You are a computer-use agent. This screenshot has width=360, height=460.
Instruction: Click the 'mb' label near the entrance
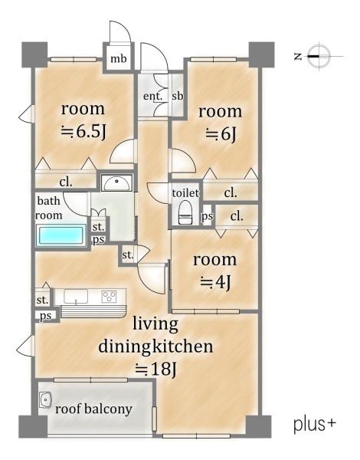[x=118, y=59]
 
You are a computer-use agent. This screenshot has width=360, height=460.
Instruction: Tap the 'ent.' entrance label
[x=152, y=96]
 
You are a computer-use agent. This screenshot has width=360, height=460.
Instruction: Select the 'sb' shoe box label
[x=178, y=96]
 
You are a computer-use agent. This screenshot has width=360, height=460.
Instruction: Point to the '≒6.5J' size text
[x=83, y=132]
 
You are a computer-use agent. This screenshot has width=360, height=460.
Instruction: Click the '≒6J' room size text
[x=221, y=134]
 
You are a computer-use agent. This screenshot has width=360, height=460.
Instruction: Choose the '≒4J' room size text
[x=216, y=282]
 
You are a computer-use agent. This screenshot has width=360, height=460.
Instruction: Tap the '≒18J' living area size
[x=155, y=370]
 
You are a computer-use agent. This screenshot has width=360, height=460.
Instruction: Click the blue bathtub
[x=61, y=235]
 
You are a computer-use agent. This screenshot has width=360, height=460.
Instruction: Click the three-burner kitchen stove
[x=109, y=296]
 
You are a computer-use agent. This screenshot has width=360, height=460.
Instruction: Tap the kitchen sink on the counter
[x=76, y=296]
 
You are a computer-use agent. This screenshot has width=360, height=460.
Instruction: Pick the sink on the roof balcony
[x=45, y=399]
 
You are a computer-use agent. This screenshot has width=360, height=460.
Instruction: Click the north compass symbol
[x=319, y=56]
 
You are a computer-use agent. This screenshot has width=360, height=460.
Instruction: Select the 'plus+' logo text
[x=314, y=425]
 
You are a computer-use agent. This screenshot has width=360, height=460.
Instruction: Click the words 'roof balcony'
[x=93, y=409]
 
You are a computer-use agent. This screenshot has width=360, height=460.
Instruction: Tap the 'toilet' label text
[x=185, y=192]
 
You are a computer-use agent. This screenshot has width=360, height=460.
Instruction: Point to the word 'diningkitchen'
[x=155, y=347]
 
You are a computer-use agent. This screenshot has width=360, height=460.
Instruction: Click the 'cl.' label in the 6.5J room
[x=66, y=182]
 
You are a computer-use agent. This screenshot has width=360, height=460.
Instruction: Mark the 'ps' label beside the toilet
[x=207, y=216]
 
